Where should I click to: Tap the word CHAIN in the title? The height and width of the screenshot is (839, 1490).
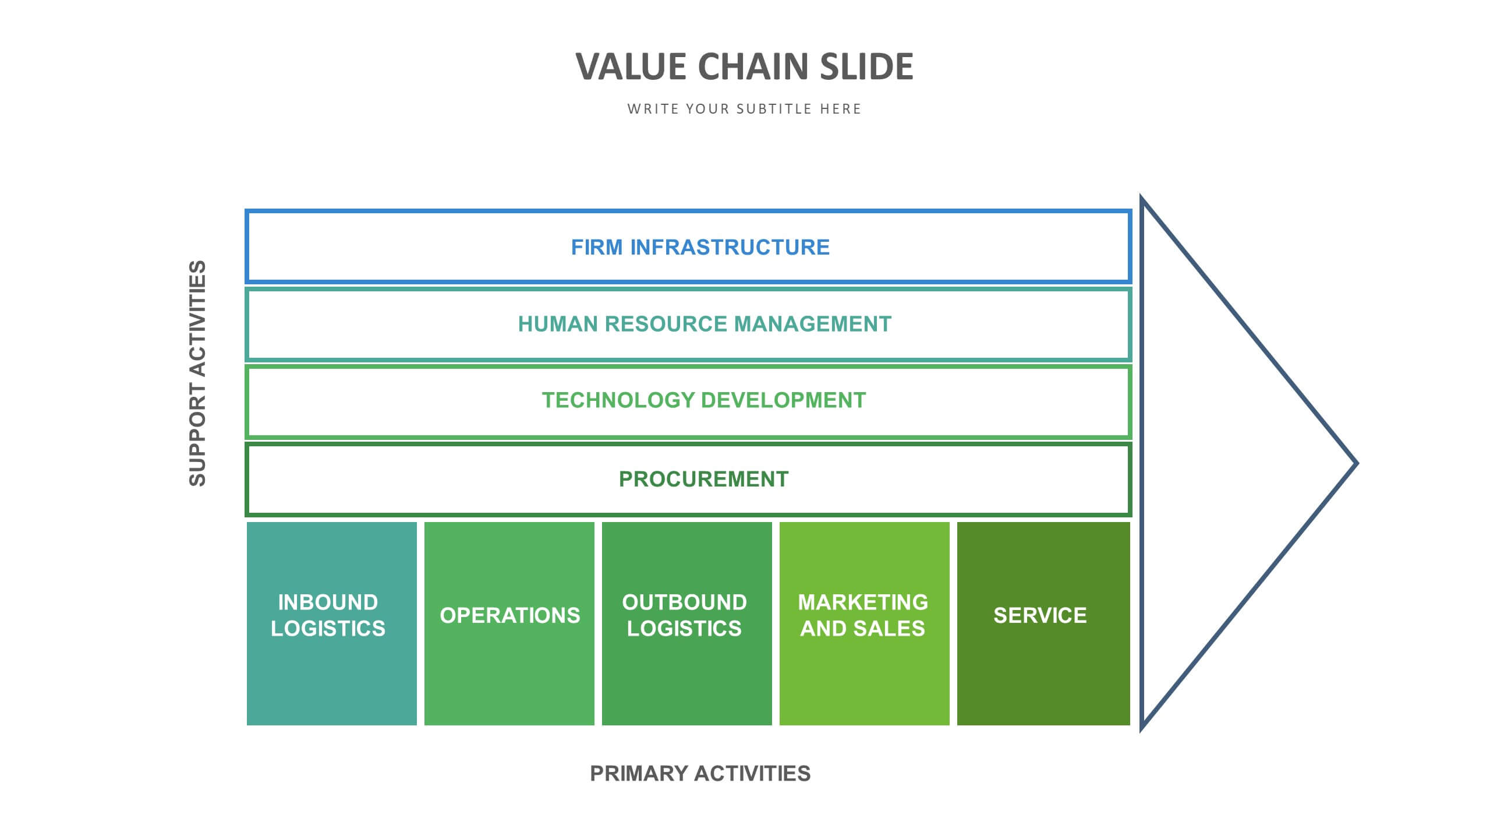(x=753, y=66)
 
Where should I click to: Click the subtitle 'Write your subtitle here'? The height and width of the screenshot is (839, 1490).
(x=744, y=109)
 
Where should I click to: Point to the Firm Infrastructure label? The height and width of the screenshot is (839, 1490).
(x=700, y=247)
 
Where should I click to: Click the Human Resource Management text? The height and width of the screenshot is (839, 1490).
(x=705, y=324)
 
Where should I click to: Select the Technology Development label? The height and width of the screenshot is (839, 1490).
(x=704, y=400)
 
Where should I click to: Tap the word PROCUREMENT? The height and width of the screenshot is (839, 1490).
(x=703, y=479)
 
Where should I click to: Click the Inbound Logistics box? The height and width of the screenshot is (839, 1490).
(x=332, y=623)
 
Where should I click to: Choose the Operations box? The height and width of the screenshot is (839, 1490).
(x=509, y=623)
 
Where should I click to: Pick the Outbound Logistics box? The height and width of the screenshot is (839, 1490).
(x=687, y=623)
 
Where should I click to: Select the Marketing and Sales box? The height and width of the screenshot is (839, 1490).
(x=865, y=623)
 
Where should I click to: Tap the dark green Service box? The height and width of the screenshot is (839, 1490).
(x=1043, y=623)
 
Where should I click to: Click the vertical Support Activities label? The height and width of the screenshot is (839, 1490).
(x=197, y=373)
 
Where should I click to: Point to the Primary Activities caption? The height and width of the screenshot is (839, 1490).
(x=700, y=774)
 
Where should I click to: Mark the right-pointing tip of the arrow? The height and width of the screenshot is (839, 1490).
(x=1357, y=464)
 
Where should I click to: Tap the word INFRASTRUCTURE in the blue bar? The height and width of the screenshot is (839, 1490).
(x=730, y=247)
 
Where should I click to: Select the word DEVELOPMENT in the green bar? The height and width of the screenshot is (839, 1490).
(x=784, y=400)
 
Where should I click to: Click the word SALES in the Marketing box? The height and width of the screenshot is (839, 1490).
(x=891, y=629)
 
